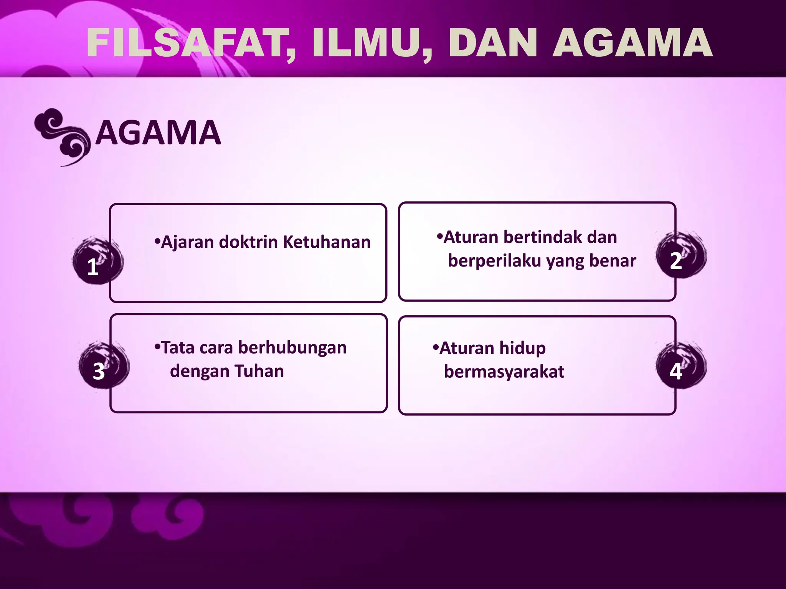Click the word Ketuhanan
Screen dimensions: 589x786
point(327,242)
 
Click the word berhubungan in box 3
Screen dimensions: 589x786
point(292,347)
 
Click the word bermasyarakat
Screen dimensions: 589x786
point(504,372)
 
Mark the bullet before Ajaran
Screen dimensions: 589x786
point(157,242)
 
